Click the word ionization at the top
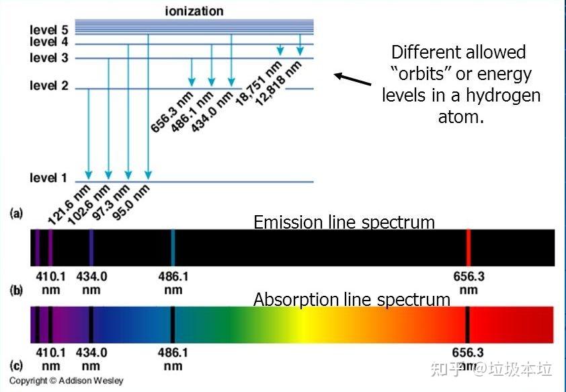(194, 11)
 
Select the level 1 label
(48, 178)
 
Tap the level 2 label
(48, 85)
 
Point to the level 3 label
(48, 57)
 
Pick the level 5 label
(48, 30)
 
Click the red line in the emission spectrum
(468, 247)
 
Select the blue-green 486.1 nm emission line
(173, 247)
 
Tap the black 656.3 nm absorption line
(467, 325)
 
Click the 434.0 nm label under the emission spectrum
(91, 283)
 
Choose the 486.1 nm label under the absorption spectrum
(173, 359)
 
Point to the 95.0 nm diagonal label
(130, 202)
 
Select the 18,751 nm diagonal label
(258, 83)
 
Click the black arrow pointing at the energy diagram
(352, 79)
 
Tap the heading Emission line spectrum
(344, 222)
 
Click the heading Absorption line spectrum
(352, 300)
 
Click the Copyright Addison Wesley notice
(67, 381)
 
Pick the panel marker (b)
(16, 290)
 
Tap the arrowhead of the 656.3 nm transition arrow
(192, 82)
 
